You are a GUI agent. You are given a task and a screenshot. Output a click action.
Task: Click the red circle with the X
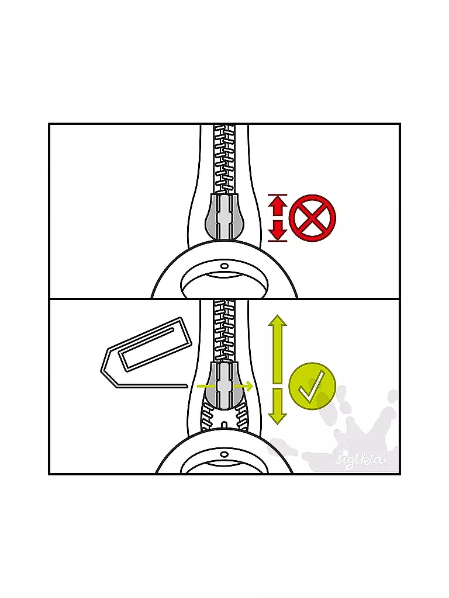pyautogui.click(x=312, y=218)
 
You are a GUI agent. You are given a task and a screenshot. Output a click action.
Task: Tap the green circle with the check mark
pyautogui.click(x=312, y=386)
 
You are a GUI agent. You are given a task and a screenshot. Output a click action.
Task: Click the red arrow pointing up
pyautogui.click(x=278, y=206)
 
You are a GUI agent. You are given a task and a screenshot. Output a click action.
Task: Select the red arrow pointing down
pyautogui.click(x=278, y=231)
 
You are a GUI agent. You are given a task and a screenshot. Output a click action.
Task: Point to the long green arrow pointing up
pyautogui.click(x=278, y=349)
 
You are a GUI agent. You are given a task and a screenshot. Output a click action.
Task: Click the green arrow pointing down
pyautogui.click(x=278, y=406)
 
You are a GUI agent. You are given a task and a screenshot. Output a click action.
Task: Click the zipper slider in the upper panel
pyautogui.click(x=224, y=218)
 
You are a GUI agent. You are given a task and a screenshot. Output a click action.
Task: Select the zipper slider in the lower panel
pyautogui.click(x=224, y=386)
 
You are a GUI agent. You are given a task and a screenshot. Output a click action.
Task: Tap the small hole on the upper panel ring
pyautogui.click(x=224, y=265)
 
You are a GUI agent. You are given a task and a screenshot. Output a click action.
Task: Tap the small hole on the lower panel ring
pyautogui.click(x=224, y=454)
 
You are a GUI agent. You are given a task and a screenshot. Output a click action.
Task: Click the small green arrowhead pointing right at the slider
pyautogui.click(x=249, y=387)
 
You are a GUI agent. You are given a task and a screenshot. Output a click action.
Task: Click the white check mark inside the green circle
pyautogui.click(x=312, y=385)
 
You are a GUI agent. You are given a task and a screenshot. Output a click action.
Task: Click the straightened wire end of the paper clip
pyautogui.click(x=152, y=387)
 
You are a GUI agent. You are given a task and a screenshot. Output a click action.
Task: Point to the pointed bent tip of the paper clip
pyautogui.click(x=102, y=370)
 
